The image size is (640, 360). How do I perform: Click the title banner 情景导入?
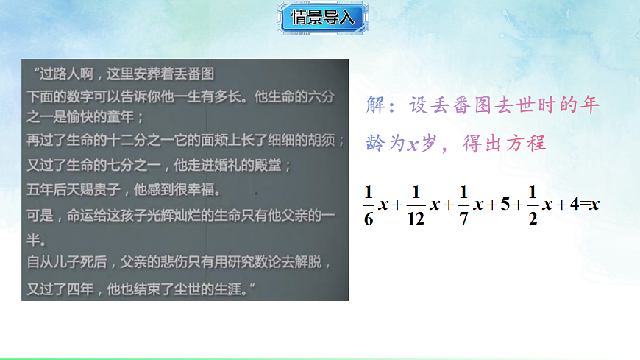[x=323, y=18]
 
